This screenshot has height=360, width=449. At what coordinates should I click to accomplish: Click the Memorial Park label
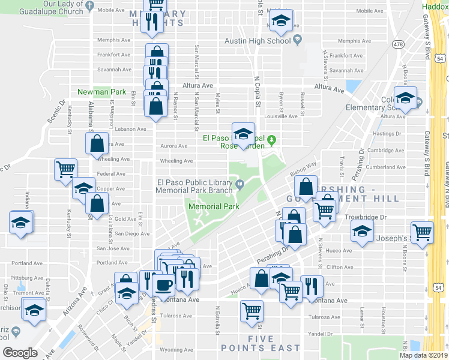[x=214, y=206]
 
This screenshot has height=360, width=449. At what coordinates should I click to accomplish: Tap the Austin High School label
[x=258, y=41]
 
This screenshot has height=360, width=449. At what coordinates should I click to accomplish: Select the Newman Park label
[x=101, y=92]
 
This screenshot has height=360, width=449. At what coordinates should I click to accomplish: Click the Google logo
[x=20, y=353]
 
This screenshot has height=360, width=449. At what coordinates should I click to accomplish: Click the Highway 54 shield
[x=440, y=59]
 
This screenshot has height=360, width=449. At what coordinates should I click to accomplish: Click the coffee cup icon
[x=163, y=284]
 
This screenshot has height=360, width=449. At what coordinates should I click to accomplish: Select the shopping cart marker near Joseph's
[x=423, y=232]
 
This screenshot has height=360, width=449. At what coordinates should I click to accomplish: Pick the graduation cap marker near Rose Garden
[x=244, y=134]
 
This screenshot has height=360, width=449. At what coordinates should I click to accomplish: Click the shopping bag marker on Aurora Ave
[x=97, y=144]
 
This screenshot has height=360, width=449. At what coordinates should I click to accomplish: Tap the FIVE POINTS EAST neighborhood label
[x=260, y=343]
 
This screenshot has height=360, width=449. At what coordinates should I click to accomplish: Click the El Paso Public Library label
[x=194, y=186]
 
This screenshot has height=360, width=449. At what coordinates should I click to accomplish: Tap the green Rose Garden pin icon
[x=271, y=141]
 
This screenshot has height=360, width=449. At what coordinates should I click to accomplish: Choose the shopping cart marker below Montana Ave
[x=252, y=311]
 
